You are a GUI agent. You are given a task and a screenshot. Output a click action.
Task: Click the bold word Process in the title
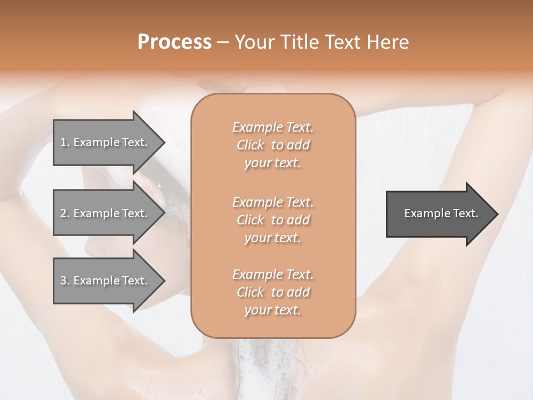(174, 42)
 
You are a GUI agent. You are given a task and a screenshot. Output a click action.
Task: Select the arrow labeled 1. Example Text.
(105, 142)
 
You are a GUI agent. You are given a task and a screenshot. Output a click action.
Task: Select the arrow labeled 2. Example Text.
(105, 213)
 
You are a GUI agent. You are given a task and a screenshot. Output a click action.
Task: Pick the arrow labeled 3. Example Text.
(105, 281)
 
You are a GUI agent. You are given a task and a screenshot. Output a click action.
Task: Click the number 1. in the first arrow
(65, 142)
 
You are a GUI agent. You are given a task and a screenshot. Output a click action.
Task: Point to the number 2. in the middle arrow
(65, 213)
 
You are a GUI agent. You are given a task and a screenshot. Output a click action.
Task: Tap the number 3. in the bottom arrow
(65, 281)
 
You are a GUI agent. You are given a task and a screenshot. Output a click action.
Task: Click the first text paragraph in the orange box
(273, 145)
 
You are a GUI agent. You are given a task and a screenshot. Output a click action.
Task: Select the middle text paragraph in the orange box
(273, 220)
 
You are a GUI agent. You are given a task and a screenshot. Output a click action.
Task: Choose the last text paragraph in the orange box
(273, 292)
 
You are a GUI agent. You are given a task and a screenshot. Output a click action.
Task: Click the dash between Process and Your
(223, 42)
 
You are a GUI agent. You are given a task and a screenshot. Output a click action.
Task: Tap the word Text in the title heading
(341, 42)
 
